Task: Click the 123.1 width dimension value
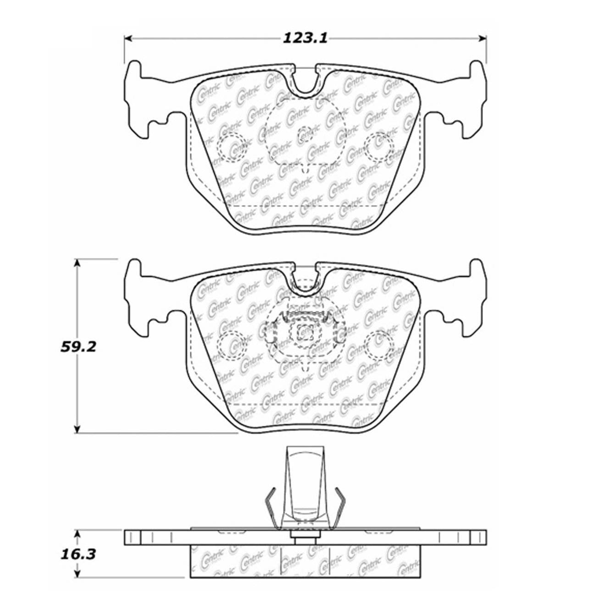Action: coord(305,38)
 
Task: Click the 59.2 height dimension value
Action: coord(78,346)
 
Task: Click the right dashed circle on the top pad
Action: coord(379,146)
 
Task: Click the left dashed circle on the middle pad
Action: coord(230,344)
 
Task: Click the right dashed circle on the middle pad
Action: coord(379,344)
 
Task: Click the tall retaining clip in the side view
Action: coord(305,486)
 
